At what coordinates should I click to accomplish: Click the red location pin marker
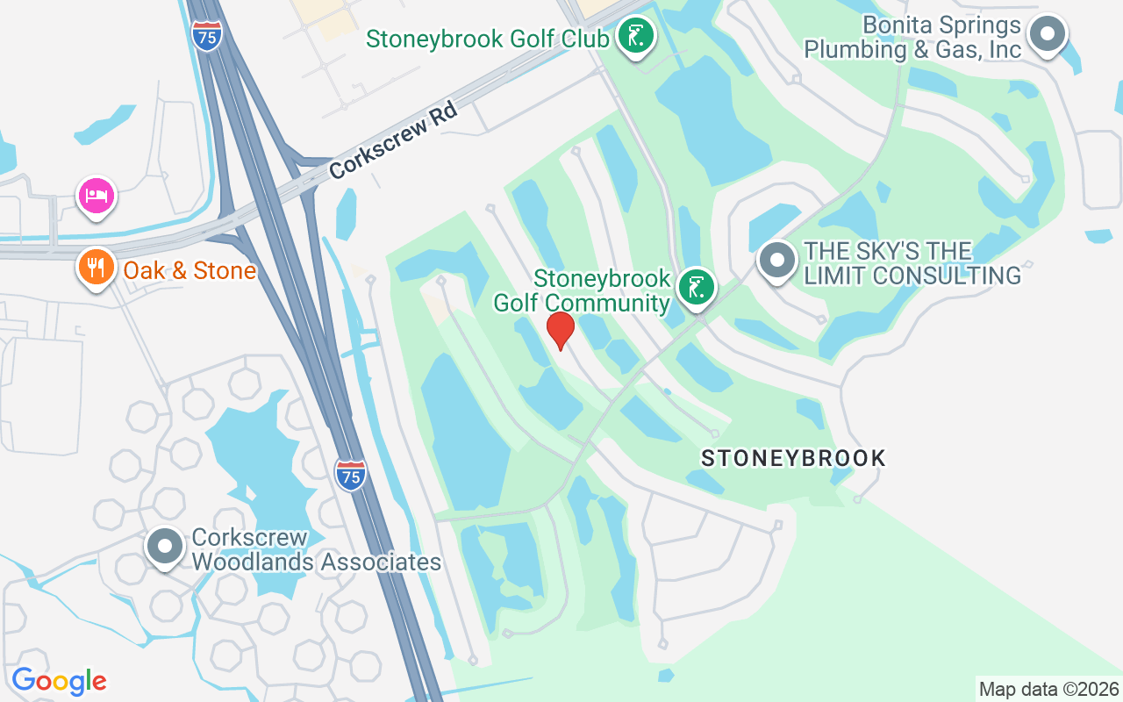coord(560,330)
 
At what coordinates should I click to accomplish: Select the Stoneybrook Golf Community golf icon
coord(697,287)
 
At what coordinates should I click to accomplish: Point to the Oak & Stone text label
coord(190,270)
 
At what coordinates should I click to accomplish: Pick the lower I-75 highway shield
coord(350,475)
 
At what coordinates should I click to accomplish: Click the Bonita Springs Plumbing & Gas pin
coord(1046,35)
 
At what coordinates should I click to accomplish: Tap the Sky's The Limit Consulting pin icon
coord(776,261)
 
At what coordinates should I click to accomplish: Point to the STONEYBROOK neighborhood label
coord(793,458)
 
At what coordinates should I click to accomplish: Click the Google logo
coord(59,681)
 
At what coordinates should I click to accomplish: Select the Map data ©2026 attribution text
coord(1048,689)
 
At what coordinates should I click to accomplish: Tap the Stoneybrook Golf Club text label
coord(487,39)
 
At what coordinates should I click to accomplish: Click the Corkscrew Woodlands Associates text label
coord(316,550)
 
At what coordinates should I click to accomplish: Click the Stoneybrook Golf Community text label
coord(582,291)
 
